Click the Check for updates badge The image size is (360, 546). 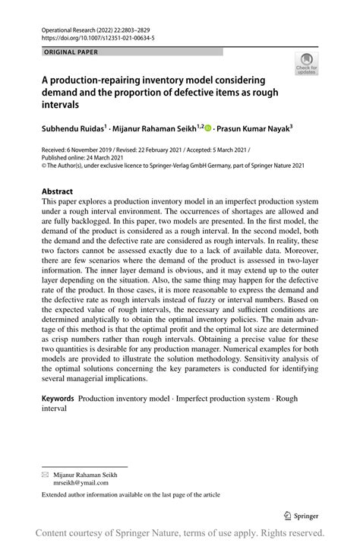coord(307,63)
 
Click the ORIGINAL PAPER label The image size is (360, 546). coord(65,52)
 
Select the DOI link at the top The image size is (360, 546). coord(87,35)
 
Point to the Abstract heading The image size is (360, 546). coord(57,191)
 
